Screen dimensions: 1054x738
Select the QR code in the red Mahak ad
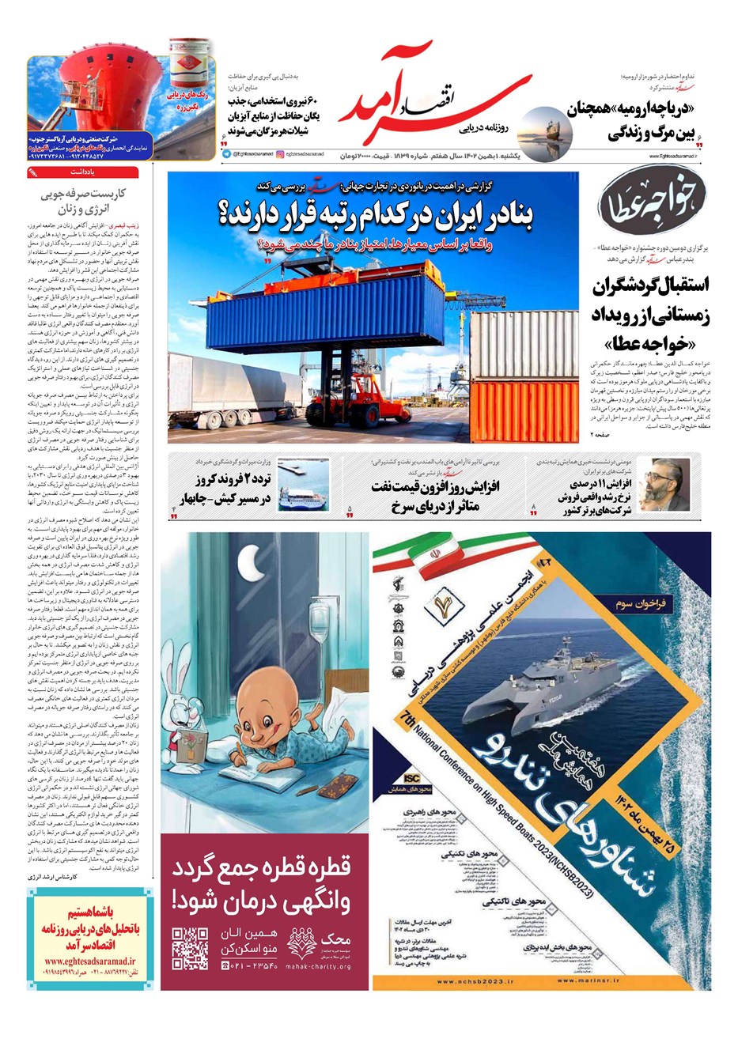[x=190, y=948]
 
